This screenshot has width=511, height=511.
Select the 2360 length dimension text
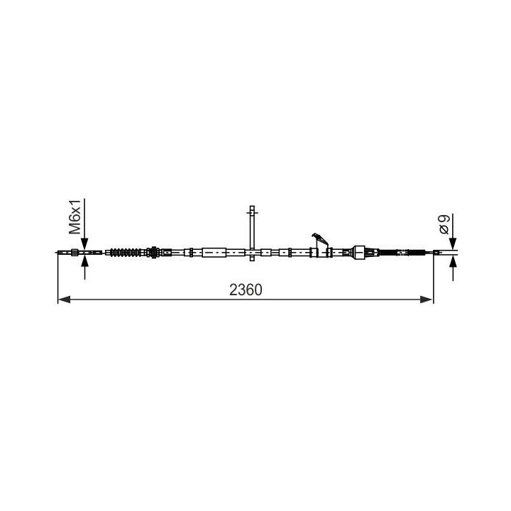(246, 290)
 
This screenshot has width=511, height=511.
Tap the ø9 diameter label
(444, 224)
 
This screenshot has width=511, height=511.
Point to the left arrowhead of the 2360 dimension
(64, 300)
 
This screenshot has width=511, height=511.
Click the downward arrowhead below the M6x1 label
(84, 243)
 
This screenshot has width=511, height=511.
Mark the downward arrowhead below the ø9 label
(453, 243)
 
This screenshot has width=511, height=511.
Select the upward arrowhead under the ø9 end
(453, 261)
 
